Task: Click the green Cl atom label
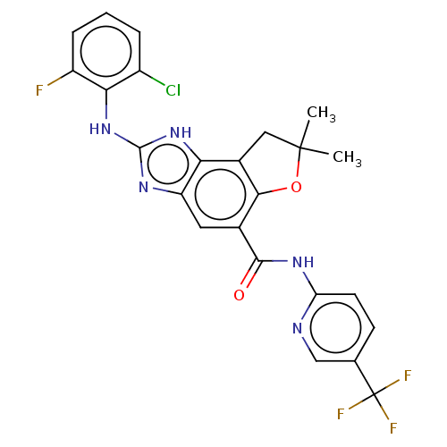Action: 173,90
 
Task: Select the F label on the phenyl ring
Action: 39,90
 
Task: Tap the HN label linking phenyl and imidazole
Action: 100,129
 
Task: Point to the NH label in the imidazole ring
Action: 181,132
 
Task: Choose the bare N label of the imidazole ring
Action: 144,187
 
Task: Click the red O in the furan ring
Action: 296,187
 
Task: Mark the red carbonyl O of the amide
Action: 239,295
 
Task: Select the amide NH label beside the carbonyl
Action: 303,262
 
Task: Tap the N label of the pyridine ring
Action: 298,328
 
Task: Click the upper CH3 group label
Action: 321,114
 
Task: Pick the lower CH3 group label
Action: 347,158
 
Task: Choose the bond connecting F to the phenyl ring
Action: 61,78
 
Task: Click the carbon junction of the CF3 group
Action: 375,394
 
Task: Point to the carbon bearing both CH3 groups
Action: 300,148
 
